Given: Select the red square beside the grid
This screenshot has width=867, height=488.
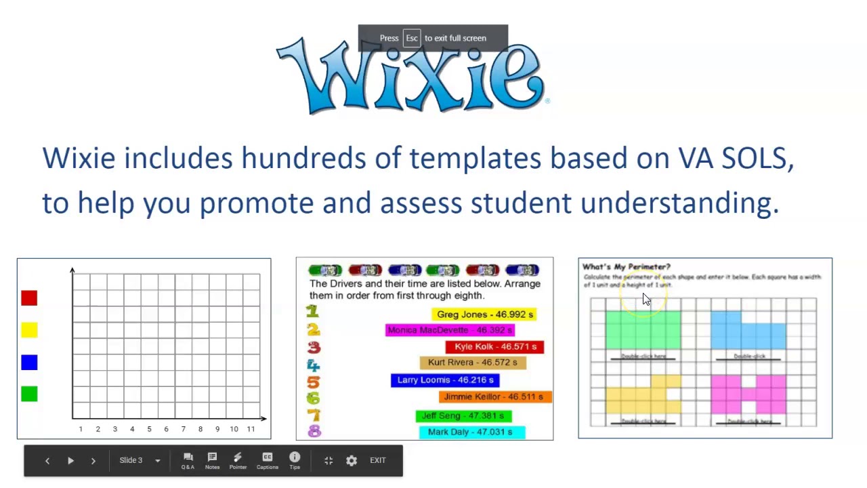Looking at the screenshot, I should point(29,298).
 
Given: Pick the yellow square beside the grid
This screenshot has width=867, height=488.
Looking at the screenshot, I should point(29,330).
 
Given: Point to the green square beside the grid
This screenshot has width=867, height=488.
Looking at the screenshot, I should point(29,394).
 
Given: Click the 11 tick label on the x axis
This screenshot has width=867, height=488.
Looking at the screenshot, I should point(251,429).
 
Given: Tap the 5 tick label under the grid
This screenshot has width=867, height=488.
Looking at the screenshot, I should point(149,429).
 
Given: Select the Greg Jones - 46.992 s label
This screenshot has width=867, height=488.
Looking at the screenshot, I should point(484,314).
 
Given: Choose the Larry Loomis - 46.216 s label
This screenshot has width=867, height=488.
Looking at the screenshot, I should point(445,380).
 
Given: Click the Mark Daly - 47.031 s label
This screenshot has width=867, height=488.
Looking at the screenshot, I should point(471,432).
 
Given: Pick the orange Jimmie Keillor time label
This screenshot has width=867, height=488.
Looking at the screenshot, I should point(495,397).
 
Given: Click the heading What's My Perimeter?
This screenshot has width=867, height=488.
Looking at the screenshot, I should point(626,267).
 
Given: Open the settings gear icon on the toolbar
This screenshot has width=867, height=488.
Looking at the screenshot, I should point(352,461).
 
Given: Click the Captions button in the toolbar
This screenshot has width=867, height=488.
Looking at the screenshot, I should point(268,461).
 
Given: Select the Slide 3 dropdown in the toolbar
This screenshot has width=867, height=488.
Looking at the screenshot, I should point(140,461).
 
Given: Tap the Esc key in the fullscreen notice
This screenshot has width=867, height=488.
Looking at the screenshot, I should point(412,38).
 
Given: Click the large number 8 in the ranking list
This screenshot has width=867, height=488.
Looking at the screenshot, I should point(314,432).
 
